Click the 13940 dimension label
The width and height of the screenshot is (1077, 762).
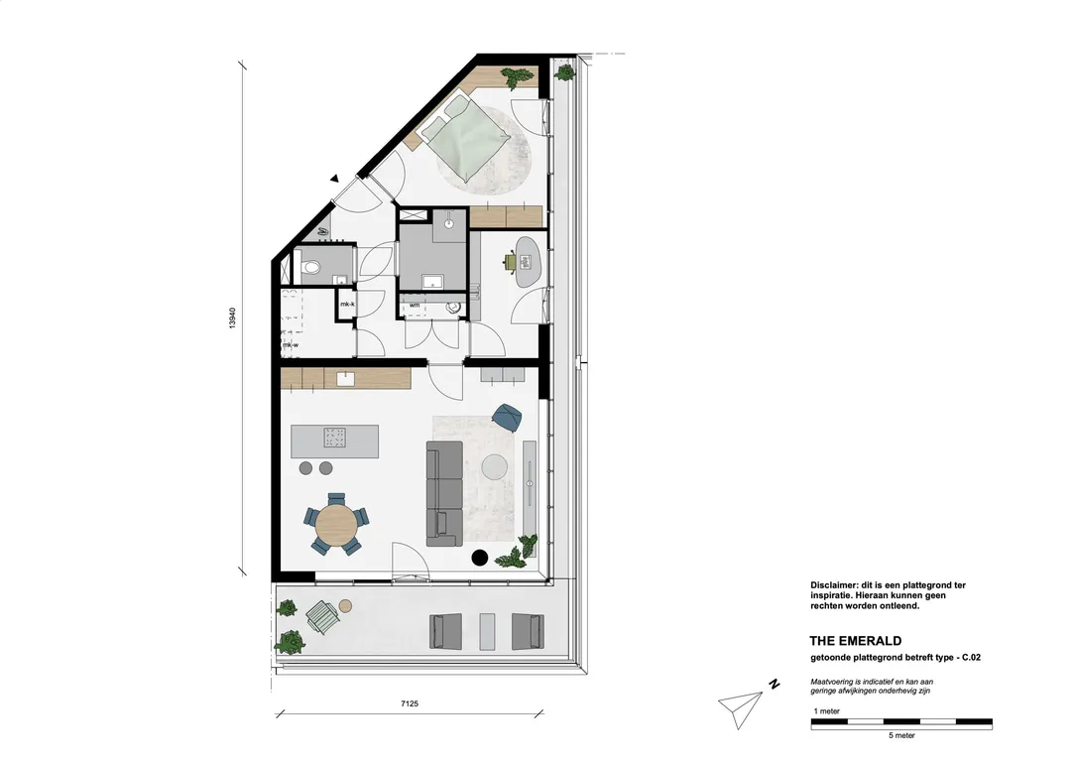coord(232,317)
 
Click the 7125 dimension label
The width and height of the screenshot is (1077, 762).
coord(410,702)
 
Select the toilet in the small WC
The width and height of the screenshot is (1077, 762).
coord(309,267)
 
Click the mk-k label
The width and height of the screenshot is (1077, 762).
coord(347,304)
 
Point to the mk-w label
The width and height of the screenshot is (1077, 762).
coord(290,345)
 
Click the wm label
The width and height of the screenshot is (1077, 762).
coord(415,305)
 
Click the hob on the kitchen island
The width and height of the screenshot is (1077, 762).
coord(335,438)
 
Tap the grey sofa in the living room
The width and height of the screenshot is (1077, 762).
coord(443,493)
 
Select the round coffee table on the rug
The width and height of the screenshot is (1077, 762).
coord(495,467)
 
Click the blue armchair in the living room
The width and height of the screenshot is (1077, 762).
coord(507,417)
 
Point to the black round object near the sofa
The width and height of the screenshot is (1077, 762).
coord(479,558)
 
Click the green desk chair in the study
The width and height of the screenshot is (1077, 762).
coord(511,262)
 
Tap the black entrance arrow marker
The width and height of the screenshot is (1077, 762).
coord(334,179)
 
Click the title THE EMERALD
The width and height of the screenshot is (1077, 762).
coord(855,641)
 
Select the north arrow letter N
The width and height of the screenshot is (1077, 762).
coord(775,684)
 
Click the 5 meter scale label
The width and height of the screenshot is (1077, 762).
coord(901,735)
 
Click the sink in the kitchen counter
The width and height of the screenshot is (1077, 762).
coord(345,379)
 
